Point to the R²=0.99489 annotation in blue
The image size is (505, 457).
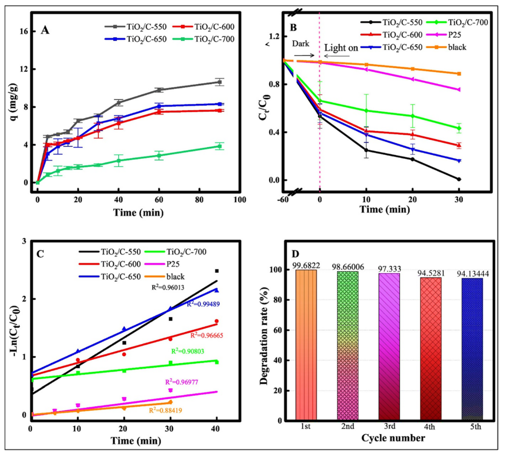(203, 304)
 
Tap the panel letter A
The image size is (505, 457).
(45, 30)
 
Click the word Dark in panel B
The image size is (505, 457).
(301, 44)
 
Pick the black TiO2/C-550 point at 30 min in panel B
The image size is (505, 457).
(459, 179)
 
